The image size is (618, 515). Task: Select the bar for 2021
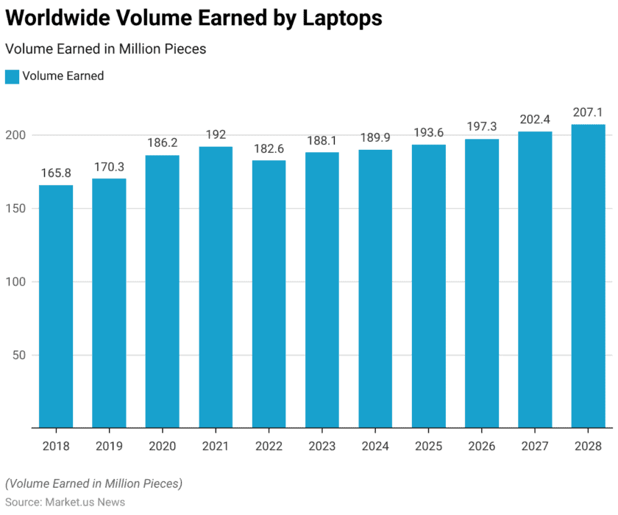coord(216,287)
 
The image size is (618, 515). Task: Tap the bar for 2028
coord(589,275)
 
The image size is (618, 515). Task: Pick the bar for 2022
coord(269,293)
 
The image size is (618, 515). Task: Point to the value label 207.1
coord(589,112)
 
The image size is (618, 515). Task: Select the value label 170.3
coord(109,167)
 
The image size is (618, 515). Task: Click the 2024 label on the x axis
coord(375,446)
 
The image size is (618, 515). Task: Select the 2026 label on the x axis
coord(482,446)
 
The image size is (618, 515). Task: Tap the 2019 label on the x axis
coord(109,446)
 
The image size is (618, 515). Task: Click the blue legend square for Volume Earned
coord(12,76)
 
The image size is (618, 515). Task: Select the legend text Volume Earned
coord(63,76)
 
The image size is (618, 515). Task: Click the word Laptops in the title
coord(342,18)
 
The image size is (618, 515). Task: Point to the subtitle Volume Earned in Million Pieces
coord(105,49)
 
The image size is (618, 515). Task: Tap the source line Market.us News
coord(65,503)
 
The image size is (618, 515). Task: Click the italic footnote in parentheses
coord(93,483)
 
